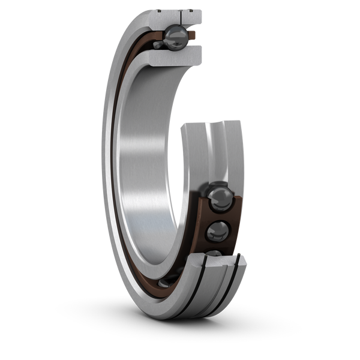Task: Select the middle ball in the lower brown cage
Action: click(x=217, y=231)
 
